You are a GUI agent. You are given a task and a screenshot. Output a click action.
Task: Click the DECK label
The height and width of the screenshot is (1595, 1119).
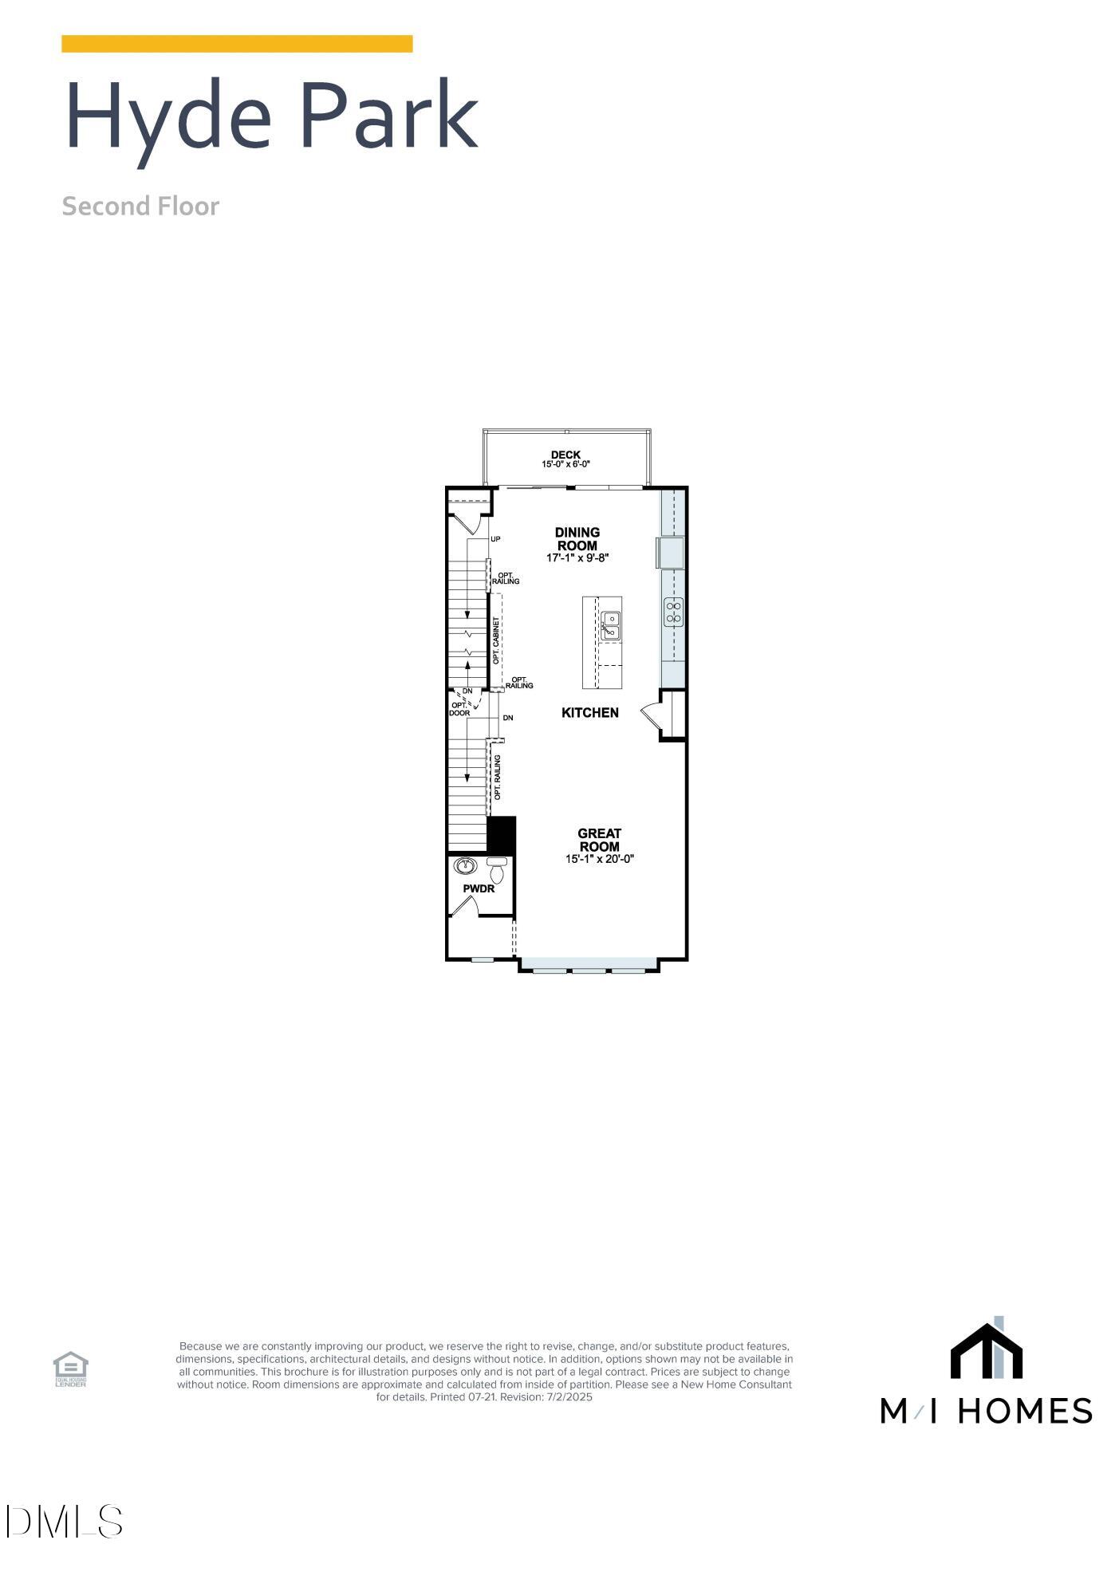tap(565, 455)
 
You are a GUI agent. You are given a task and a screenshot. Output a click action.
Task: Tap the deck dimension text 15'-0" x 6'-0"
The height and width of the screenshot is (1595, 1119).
tap(565, 464)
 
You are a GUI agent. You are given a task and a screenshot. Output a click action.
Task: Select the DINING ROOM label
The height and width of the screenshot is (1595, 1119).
tap(577, 539)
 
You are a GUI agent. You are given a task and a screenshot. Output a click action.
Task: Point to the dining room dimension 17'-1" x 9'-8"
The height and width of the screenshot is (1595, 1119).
tap(577, 558)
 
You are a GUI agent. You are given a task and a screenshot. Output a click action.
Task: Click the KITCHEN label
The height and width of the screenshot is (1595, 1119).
tap(590, 713)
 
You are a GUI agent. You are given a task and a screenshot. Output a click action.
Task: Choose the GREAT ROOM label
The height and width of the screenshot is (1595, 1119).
tap(599, 841)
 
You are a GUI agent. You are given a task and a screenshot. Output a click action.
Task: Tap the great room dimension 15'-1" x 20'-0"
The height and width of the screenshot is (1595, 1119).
tap(599, 859)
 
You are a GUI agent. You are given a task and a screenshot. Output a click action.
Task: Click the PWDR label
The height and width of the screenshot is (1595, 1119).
tap(479, 888)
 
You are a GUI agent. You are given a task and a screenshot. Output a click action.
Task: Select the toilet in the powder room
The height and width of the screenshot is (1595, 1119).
tap(497, 869)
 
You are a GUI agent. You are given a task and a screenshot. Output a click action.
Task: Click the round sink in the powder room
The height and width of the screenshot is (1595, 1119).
tap(464, 866)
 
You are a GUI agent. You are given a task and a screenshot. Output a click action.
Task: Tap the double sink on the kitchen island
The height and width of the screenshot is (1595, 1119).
tap(611, 625)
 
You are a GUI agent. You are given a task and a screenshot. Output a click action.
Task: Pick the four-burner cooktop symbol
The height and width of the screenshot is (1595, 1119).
tap(674, 612)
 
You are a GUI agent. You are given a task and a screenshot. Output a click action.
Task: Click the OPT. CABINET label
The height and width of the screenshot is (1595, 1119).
tap(496, 640)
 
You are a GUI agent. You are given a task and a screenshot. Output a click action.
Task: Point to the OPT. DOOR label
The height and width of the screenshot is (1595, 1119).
tap(459, 709)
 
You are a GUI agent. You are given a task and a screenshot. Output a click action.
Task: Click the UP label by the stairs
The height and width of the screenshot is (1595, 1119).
tap(495, 539)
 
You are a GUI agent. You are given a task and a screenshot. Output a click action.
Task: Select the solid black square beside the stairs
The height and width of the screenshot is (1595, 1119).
tap(501, 834)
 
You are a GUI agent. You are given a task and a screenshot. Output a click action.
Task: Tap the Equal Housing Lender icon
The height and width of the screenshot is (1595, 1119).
tap(70, 1369)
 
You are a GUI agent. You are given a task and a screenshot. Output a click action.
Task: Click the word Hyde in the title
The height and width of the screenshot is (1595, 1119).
tap(168, 118)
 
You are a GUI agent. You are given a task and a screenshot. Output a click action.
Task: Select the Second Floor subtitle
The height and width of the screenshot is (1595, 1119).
tap(140, 207)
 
